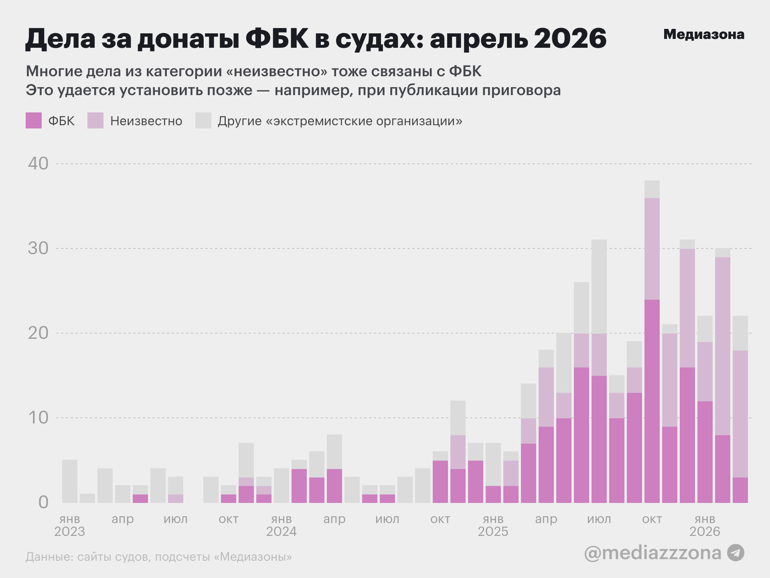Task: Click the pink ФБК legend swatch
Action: [34, 120]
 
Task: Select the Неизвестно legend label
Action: [146, 121]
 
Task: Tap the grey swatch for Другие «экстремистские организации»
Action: [203, 120]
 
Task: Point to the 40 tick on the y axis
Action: [38, 164]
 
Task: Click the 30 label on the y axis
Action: [38, 248]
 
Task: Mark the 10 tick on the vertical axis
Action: [38, 418]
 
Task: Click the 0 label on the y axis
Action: [43, 503]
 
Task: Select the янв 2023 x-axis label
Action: [70, 525]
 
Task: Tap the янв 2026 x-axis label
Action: [705, 525]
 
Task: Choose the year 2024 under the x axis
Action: [281, 531]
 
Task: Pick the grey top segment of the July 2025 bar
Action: [599, 287]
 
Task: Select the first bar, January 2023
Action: [70, 481]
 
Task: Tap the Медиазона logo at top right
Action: [704, 35]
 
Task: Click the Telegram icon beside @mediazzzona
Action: [736, 553]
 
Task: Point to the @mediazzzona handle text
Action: [652, 553]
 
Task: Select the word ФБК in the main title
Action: [277, 39]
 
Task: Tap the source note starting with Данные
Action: [159, 557]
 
